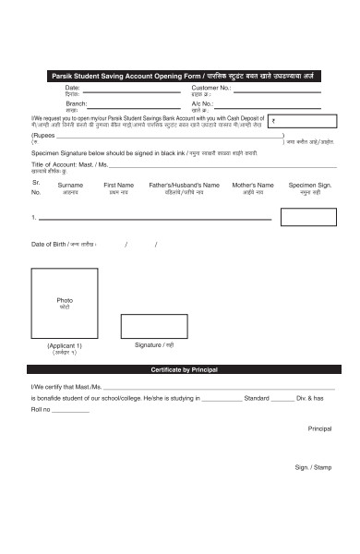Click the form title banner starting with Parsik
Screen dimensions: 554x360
tap(181, 75)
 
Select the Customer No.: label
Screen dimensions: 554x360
tap(210, 87)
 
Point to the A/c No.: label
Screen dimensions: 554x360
tap(202, 103)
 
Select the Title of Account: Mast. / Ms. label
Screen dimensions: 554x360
tap(71, 163)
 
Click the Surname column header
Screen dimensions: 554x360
tap(70, 185)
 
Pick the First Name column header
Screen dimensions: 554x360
tap(118, 185)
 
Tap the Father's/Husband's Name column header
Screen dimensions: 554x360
tap(184, 185)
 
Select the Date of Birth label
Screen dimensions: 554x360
tap(64, 244)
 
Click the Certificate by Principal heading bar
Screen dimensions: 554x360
tap(181, 369)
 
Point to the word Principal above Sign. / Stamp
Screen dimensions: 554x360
tap(318, 428)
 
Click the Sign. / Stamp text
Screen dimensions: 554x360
tap(313, 467)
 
